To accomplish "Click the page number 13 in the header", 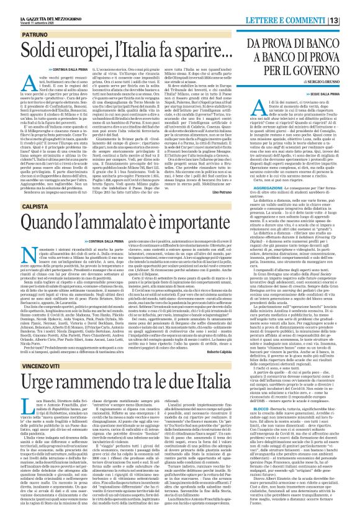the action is [x=351, y=6].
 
